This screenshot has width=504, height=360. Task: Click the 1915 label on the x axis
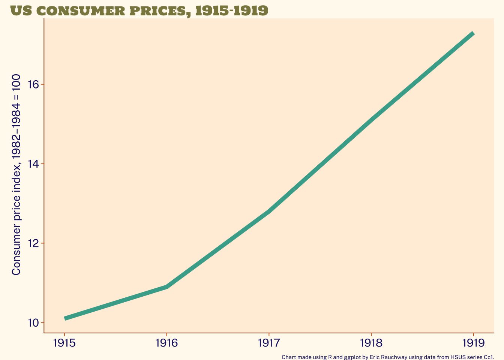click(x=64, y=343)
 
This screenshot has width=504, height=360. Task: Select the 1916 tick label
click(x=166, y=343)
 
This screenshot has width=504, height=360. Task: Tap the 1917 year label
click(x=269, y=343)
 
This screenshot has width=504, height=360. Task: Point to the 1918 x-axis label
click(x=371, y=343)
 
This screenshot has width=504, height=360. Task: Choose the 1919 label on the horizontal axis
click(x=473, y=343)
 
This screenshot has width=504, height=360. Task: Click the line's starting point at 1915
click(x=65, y=318)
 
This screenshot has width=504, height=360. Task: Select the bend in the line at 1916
click(x=166, y=287)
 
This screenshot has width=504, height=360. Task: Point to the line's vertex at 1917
click(x=269, y=211)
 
